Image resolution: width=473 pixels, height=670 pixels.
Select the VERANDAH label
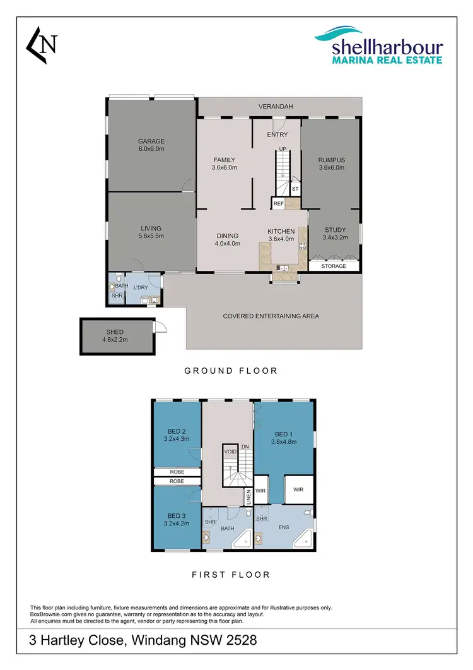click(276, 107)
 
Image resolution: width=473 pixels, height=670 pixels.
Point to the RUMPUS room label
click(331, 160)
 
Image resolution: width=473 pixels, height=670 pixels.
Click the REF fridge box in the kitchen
click(278, 203)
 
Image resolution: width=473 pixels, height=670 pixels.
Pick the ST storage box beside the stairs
click(295, 189)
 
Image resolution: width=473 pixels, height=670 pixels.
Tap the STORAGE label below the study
click(334, 266)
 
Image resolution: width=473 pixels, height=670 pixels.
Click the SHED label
click(115, 332)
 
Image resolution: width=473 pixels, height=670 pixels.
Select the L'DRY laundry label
click(139, 288)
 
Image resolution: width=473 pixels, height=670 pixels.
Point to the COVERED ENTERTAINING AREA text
click(271, 316)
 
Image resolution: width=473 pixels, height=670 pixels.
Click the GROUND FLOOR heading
click(231, 371)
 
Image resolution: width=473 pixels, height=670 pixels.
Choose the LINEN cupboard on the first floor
click(249, 498)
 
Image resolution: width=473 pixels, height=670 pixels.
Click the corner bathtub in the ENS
click(303, 539)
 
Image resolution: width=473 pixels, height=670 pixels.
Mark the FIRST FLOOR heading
click(231, 575)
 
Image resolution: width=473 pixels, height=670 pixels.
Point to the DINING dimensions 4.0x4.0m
click(226, 244)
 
